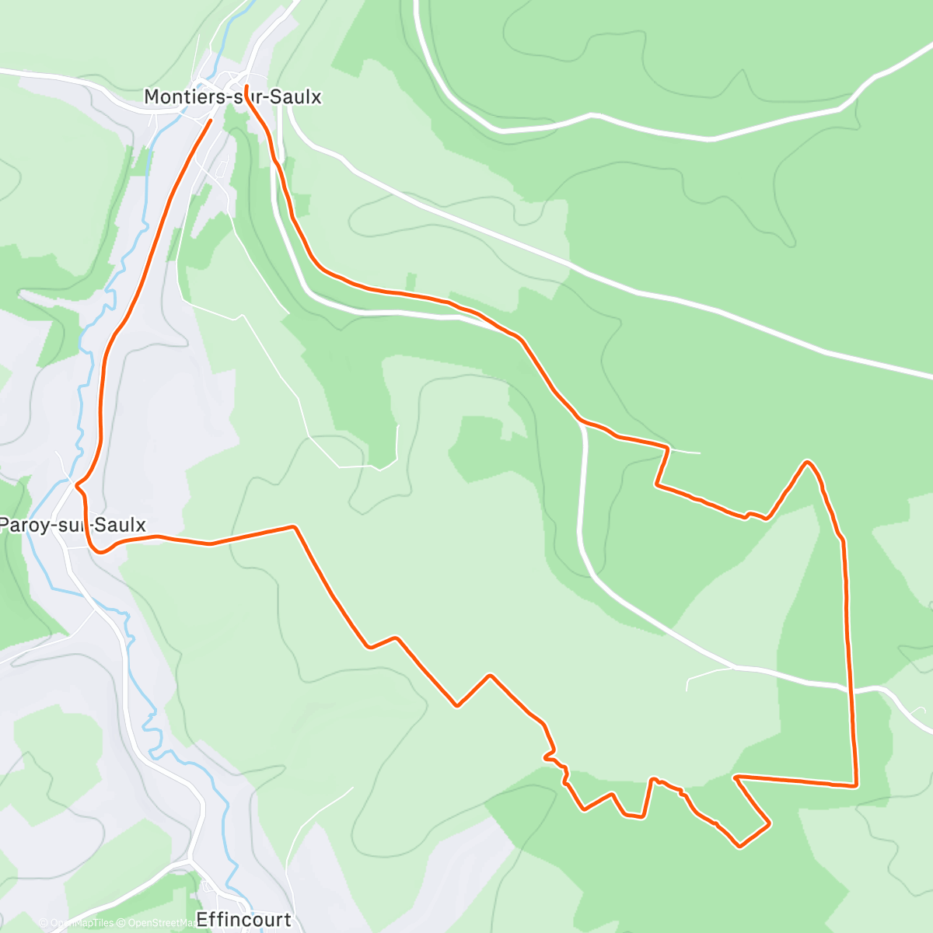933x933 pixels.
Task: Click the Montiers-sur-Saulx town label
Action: click(232, 97)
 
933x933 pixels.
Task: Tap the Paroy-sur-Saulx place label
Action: click(72, 525)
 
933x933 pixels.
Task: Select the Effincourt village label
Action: click(244, 920)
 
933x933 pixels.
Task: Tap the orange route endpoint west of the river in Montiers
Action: click(211, 121)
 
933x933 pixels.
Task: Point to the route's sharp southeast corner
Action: click(856, 785)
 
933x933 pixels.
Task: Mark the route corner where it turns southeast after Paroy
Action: click(294, 526)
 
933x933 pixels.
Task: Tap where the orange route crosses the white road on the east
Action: click(850, 688)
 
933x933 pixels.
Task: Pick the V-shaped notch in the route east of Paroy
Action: click(457, 705)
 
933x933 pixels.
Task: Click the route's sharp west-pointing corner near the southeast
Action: click(735, 776)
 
